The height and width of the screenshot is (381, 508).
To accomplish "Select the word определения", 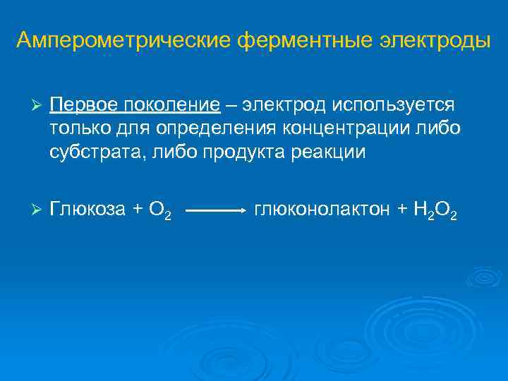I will [215, 129].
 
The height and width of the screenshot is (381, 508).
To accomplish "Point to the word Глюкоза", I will [88, 209].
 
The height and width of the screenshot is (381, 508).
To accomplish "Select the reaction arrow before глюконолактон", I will [214, 210].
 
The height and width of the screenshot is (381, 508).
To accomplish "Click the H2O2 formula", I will [435, 210].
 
